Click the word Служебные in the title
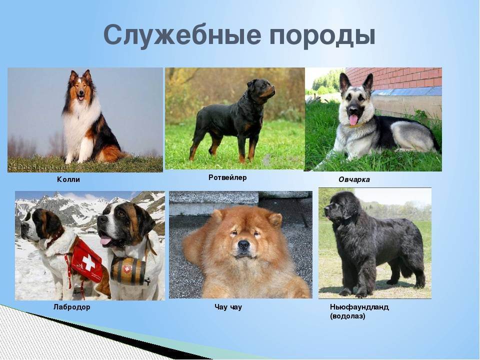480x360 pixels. coord(182,35)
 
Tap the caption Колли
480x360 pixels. coord(68,179)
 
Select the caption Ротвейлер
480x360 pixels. coord(227,177)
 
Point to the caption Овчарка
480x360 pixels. coord(354,179)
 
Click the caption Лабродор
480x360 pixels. coord(72,307)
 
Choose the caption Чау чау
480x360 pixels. coord(228,307)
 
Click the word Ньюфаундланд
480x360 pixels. coord(359,307)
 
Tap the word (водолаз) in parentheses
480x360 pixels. coord(347,316)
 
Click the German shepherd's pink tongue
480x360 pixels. coord(353,120)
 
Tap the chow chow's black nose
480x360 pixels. coord(243,244)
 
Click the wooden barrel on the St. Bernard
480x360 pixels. coord(128,271)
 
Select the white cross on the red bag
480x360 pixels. coord(89,263)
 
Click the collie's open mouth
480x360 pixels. coord(81,97)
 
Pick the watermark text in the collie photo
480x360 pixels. coord(38,167)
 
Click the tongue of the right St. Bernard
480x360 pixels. coord(105,240)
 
